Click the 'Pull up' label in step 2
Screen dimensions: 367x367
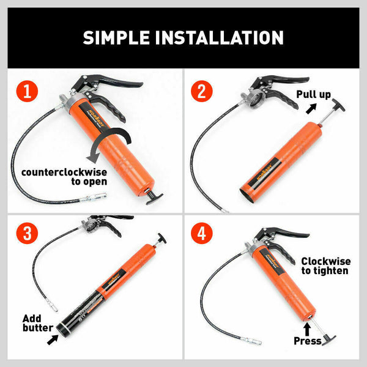(x=314, y=94)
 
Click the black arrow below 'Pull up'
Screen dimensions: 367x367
(x=312, y=108)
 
